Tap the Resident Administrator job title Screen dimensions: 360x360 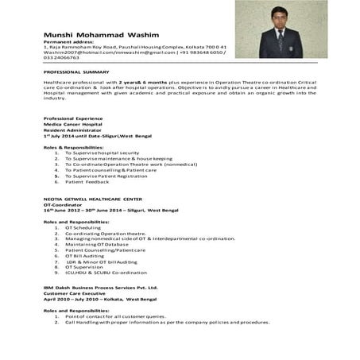click(x=72, y=130)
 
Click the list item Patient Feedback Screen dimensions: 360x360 click(x=87, y=182)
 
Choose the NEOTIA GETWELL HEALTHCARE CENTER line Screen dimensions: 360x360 click(x=93, y=198)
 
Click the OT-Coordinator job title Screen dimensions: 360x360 click(x=64, y=204)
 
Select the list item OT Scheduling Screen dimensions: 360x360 click(x=83, y=227)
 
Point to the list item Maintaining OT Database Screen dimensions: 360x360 click(x=95, y=244)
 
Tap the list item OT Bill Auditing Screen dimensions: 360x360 click(x=84, y=256)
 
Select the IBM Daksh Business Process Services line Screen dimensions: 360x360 click(x=100, y=287)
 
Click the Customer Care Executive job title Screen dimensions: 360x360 click(x=75, y=293)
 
